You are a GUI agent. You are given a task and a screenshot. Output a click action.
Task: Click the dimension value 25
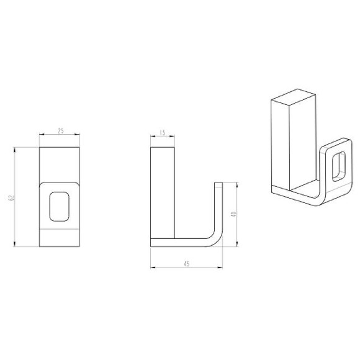point(60,131)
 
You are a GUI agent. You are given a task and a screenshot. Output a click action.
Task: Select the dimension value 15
point(163,132)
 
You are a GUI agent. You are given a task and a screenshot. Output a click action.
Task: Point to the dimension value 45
point(186,263)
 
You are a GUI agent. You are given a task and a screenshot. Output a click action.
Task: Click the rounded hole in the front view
point(60,205)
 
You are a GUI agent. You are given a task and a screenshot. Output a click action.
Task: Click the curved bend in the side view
point(214,238)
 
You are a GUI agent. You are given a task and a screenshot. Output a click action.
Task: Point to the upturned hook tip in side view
point(218,186)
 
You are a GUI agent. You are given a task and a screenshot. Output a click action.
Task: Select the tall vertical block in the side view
point(163,192)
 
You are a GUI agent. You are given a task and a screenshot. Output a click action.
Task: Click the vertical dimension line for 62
point(16,197)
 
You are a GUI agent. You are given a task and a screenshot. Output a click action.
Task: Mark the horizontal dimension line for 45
point(186,268)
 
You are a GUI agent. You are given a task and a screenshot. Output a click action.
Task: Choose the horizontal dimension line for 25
point(60,135)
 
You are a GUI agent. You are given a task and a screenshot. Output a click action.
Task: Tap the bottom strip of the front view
point(60,238)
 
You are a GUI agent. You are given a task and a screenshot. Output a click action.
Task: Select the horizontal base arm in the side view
point(180,242)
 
